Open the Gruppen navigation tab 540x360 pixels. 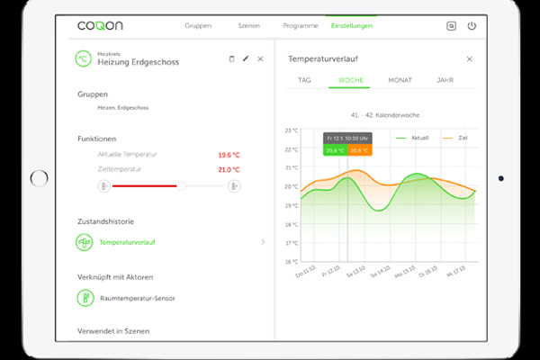coord(198,26)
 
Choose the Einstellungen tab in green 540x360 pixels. coord(352,26)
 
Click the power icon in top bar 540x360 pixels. coord(471,26)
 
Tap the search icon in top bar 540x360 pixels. coord(452,26)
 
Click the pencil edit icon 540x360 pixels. coord(246,58)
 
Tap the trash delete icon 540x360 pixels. coord(231,58)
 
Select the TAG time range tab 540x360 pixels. coord(305,80)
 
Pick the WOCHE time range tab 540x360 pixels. coord(351,80)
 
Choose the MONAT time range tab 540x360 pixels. coord(400,80)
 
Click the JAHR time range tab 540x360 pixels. coord(445,80)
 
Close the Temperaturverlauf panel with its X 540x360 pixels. coord(469,58)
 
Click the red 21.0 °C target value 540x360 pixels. coord(228,169)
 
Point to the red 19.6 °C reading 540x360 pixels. coord(228,155)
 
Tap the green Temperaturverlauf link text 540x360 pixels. coord(128,242)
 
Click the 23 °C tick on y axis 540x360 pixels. coord(291,130)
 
